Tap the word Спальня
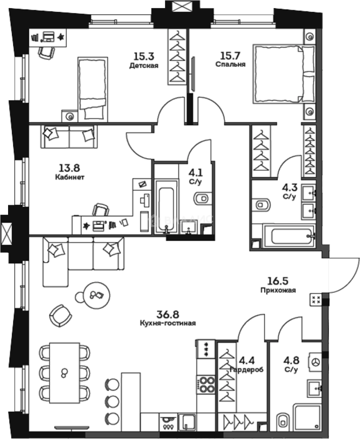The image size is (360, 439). [x=230, y=64]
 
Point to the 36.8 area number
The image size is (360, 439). [x=168, y=314]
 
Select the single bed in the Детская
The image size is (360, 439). [x=93, y=88]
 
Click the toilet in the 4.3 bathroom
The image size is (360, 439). [x=262, y=204]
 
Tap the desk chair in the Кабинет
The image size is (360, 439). [x=100, y=210]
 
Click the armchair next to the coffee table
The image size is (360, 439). [x=61, y=315]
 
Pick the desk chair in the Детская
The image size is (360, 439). [x=46, y=52]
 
